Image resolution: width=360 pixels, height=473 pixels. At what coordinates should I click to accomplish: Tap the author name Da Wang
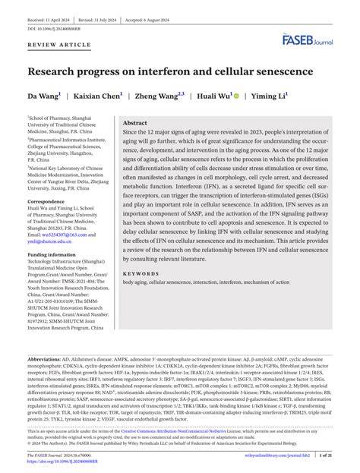click(x=43, y=96)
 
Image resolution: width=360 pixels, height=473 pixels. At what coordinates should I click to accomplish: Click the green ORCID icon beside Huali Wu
click(x=236, y=96)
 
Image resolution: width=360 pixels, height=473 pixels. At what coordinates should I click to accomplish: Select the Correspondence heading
click(x=47, y=202)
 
